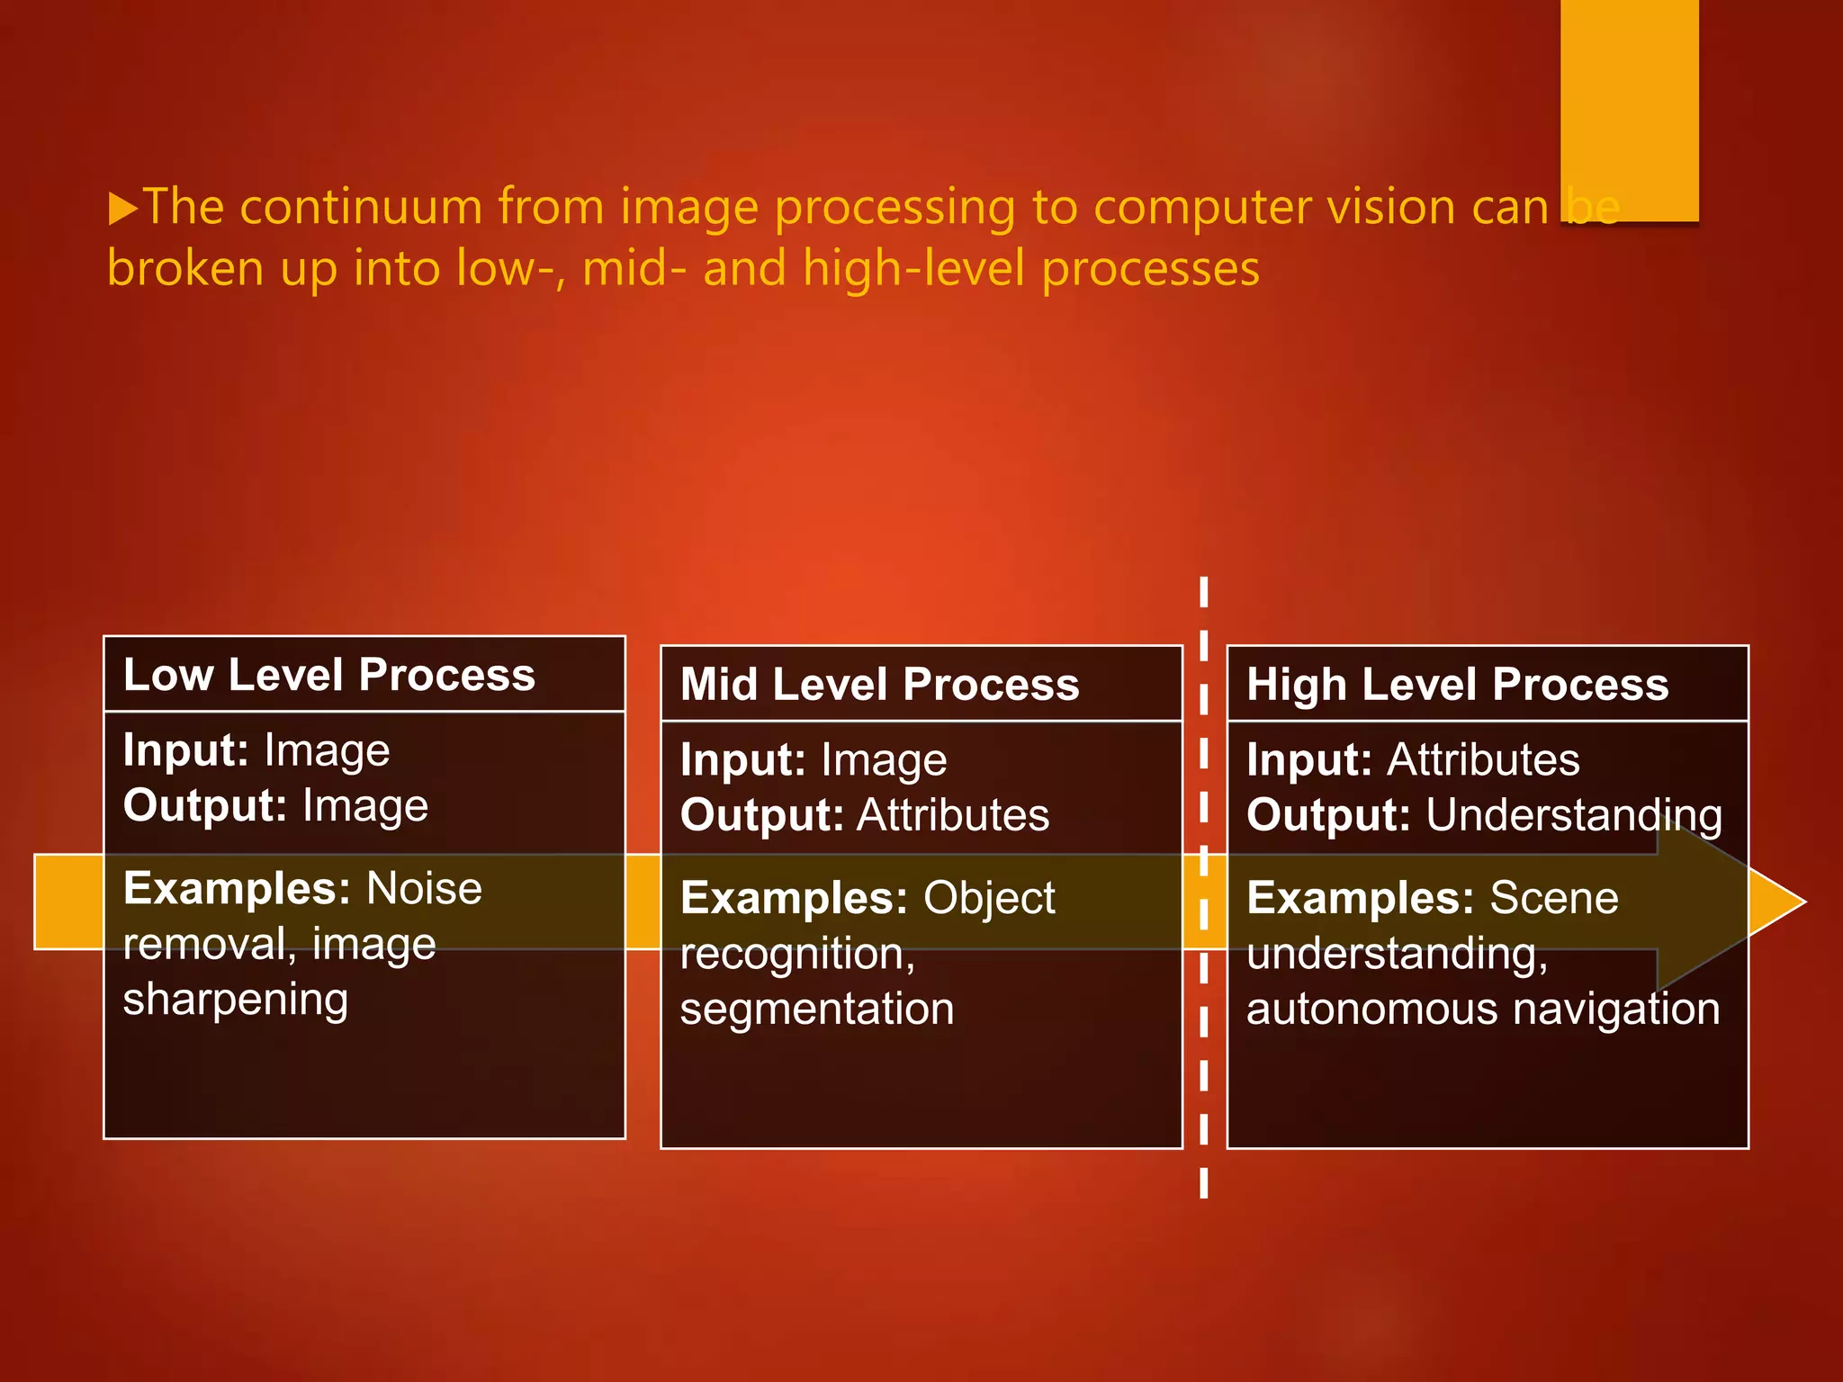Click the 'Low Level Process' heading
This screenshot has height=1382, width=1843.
coord(329,675)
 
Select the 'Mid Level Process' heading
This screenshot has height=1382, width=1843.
coord(879,685)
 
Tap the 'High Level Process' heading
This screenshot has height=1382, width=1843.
coord(1457,685)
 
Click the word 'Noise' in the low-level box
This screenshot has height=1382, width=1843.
coord(425,889)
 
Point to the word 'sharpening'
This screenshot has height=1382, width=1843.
coord(236,1001)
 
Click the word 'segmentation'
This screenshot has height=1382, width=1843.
coord(816,1010)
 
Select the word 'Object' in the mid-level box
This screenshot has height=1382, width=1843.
coord(989,898)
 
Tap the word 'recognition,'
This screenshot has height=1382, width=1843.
coord(797,954)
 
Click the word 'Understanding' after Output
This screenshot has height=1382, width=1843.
coord(1574,815)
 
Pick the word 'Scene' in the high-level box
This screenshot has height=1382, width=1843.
coord(1554,898)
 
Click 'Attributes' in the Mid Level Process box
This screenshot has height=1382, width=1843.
coord(953,815)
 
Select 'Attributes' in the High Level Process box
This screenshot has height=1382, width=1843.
coord(1483,760)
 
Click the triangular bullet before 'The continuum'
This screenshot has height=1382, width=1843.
coord(122,209)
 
